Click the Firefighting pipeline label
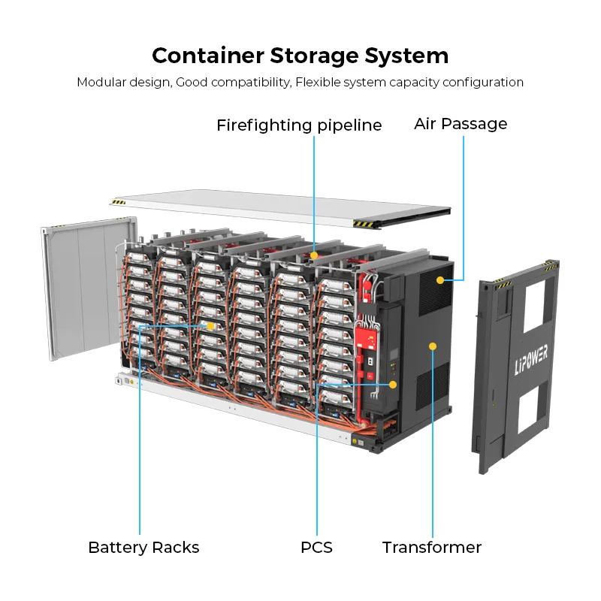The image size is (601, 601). click(x=299, y=125)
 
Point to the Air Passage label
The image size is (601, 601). click(x=461, y=124)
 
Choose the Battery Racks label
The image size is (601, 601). click(x=143, y=548)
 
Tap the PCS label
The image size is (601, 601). click(x=316, y=548)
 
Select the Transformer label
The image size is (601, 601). click(x=432, y=548)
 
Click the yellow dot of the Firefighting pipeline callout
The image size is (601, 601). click(x=315, y=256)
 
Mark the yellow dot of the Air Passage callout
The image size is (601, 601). click(x=453, y=279)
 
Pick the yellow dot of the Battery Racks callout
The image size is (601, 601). click(x=210, y=326)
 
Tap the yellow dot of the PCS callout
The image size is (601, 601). click(x=393, y=385)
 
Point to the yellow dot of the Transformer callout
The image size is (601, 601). click(x=433, y=346)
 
